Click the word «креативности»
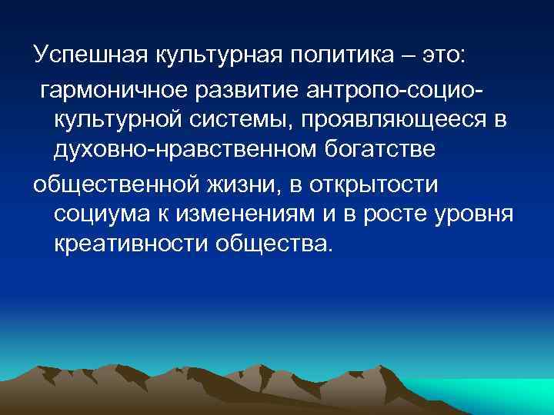point(131,244)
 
